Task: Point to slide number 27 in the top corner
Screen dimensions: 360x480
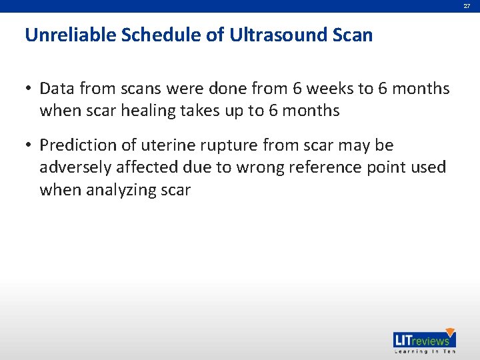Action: [467, 5]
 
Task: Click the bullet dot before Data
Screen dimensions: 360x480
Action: [30, 89]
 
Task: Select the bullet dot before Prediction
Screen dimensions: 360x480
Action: [30, 145]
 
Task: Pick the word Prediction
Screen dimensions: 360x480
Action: [75, 145]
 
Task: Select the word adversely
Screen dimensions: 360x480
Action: [73, 167]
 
